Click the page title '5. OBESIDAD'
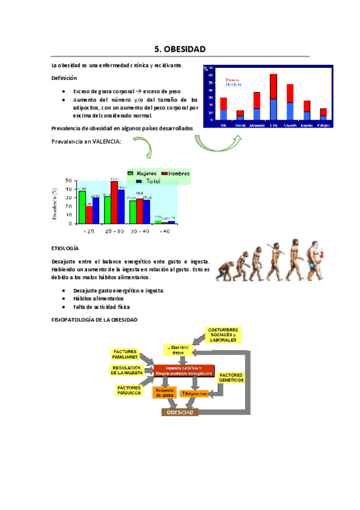pos(180,49)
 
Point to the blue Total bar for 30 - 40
pos(147,210)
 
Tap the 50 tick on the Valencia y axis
pos(68,181)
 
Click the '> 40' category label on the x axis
pos(164,231)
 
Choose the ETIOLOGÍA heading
pos(65,248)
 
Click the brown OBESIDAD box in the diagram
pos(180,413)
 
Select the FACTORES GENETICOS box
pos(231,378)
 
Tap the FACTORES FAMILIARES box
pos(125,354)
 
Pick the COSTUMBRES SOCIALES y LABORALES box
pos(224,335)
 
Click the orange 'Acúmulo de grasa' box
pos(164,393)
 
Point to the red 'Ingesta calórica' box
pos(184,370)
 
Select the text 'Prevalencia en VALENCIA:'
pos(86,142)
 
